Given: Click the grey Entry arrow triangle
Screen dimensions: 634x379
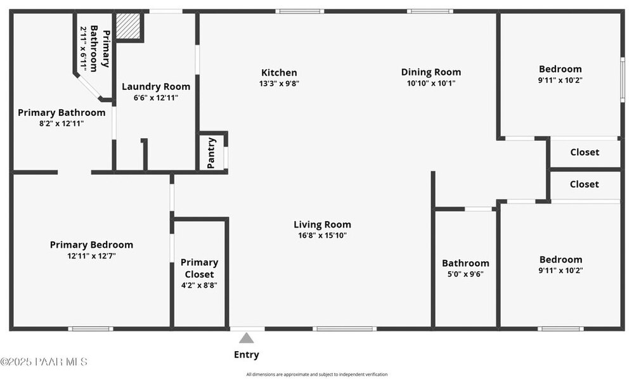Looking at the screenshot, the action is pyautogui.click(x=246, y=338).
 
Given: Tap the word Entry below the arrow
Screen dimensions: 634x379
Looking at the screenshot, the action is pyautogui.click(x=246, y=355).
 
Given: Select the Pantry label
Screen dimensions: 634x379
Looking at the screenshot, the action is pyautogui.click(x=211, y=153).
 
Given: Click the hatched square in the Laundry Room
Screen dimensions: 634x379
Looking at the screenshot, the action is pyautogui.click(x=128, y=26).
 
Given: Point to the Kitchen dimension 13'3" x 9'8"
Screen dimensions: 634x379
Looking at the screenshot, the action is pyautogui.click(x=279, y=84).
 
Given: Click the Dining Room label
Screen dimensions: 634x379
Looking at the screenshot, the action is pyautogui.click(x=431, y=72).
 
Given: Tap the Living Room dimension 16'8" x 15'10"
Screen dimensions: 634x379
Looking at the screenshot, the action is pyautogui.click(x=322, y=236).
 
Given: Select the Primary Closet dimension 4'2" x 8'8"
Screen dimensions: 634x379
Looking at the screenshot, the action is pyautogui.click(x=199, y=285).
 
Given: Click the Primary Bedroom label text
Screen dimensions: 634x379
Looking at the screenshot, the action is pyautogui.click(x=91, y=245).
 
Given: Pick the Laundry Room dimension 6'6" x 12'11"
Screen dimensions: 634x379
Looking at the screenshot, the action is pyautogui.click(x=156, y=98).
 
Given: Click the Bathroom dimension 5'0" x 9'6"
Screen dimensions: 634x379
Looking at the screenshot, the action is pyautogui.click(x=465, y=274).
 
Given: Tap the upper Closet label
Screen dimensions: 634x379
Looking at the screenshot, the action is pyautogui.click(x=585, y=152).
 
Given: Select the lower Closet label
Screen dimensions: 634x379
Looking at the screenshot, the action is pyautogui.click(x=585, y=184).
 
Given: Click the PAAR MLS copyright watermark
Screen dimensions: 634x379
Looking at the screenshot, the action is pyautogui.click(x=44, y=362).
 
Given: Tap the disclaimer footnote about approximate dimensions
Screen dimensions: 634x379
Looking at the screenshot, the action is pyautogui.click(x=317, y=375).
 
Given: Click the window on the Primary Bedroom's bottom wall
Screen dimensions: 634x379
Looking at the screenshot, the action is pyautogui.click(x=91, y=328).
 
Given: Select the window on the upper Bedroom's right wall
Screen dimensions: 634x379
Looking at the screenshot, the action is pyautogui.click(x=623, y=80).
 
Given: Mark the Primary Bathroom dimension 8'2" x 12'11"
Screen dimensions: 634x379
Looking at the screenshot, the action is pyautogui.click(x=61, y=124).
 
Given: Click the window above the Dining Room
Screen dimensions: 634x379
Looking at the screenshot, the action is pyautogui.click(x=430, y=11).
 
